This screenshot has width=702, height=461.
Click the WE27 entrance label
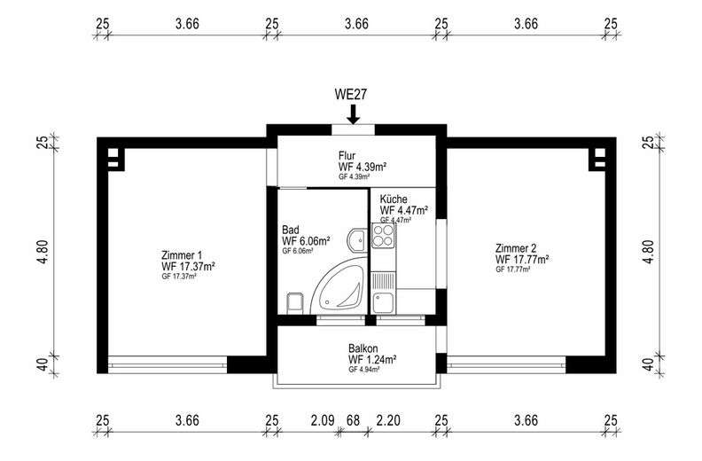tap(350, 94)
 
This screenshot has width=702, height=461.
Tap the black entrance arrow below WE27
tap(354, 114)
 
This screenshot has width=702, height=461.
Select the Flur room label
tap(347, 156)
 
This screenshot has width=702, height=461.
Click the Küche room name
tap(394, 199)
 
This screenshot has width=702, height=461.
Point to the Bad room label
tap(290, 230)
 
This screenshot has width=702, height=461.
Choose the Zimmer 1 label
tap(178, 255)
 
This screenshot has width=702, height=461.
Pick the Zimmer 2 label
tap(516, 248)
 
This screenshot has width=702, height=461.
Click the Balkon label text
tap(363, 348)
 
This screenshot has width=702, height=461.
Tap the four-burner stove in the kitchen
tap(383, 236)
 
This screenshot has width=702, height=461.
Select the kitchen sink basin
tap(383, 303)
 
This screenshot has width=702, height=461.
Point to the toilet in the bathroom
tap(294, 302)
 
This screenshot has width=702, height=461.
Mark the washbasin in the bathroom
tap(357, 239)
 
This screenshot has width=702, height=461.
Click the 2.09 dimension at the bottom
tap(323, 421)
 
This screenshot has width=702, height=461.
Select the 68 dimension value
tap(354, 421)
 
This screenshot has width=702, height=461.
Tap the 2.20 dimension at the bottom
tap(388, 421)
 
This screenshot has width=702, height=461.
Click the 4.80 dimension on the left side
tap(43, 252)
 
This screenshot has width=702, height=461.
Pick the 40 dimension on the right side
tap(648, 365)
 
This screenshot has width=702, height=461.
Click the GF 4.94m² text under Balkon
tap(364, 370)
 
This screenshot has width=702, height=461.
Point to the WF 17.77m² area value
tap(522, 260)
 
